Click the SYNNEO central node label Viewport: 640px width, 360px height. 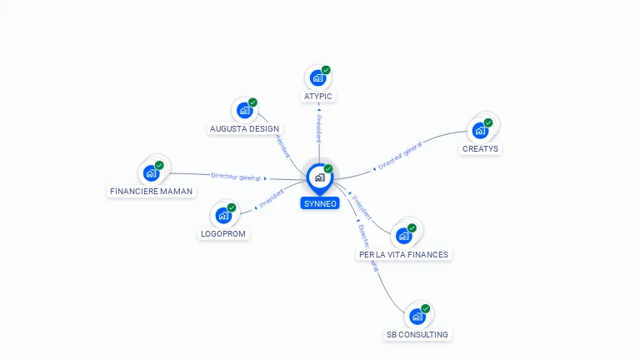coord(320,203)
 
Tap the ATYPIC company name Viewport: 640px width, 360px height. coord(318,97)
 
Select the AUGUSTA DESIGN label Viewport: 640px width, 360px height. coord(245,129)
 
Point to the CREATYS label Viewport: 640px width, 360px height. coord(480,149)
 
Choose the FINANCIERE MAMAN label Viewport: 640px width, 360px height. coord(151,192)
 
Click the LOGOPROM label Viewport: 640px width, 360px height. coord(224,233)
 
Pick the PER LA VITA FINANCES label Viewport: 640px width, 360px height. coord(403,254)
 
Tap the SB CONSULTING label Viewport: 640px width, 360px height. coord(417,335)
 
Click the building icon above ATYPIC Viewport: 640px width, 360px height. coord(317,78)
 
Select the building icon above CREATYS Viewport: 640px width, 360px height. coord(479,130)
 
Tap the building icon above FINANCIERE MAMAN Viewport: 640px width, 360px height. coord(150,172)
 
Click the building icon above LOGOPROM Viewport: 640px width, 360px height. coord(222,215)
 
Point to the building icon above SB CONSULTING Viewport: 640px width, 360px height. coord(417,317)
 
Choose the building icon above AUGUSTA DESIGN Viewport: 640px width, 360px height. coord(244,110)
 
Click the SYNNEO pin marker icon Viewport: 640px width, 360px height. coord(319,177)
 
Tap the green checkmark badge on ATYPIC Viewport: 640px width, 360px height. coord(326,70)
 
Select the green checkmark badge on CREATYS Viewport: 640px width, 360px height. coord(488,122)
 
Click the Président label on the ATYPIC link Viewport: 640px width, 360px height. coord(317,128)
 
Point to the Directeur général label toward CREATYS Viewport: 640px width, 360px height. coord(399,157)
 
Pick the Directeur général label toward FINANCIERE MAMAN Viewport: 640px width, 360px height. coord(235,177)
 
